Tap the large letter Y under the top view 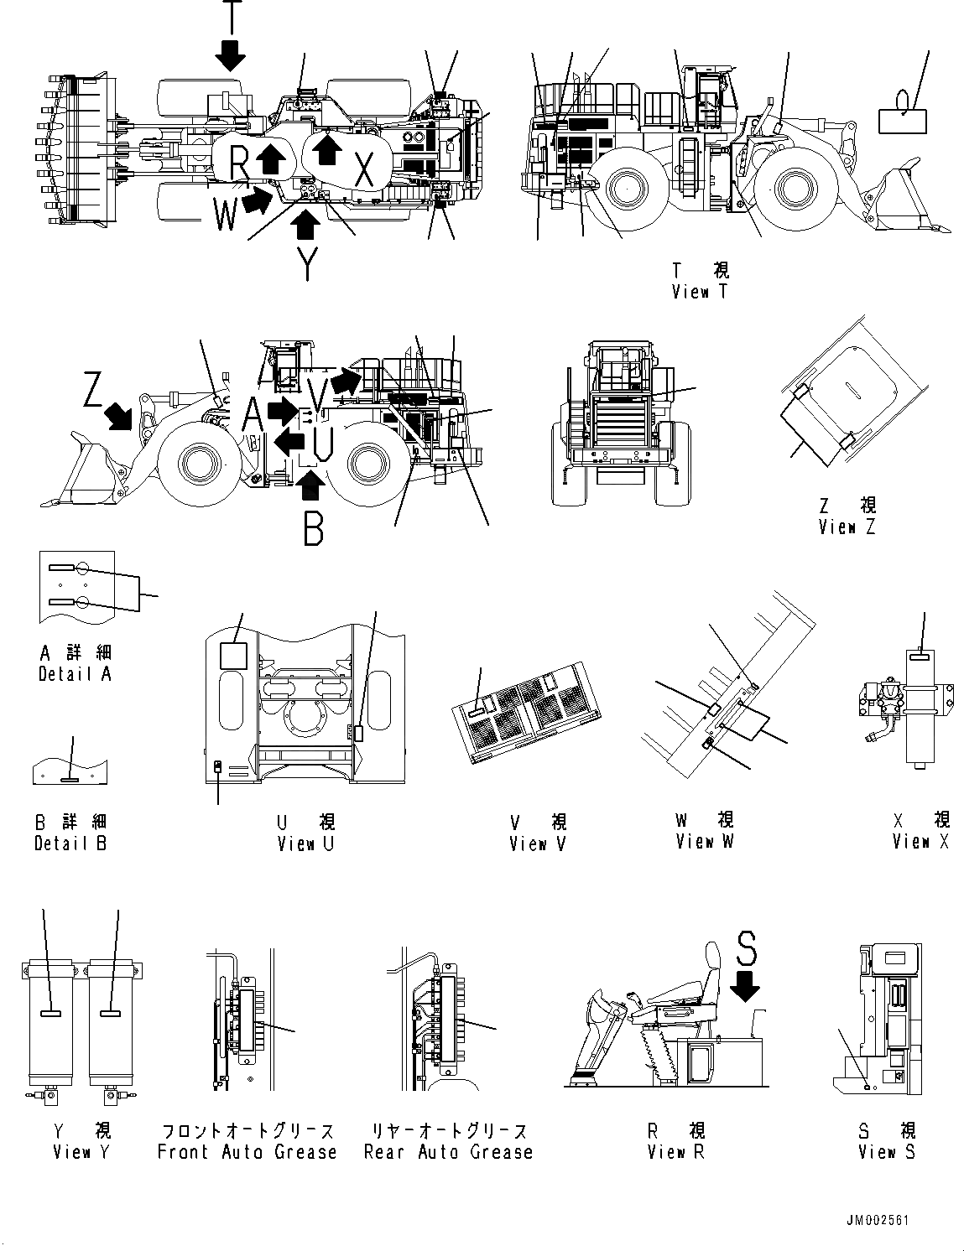pyautogui.click(x=308, y=264)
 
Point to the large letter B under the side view pyautogui.click(x=313, y=528)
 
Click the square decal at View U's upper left pyautogui.click(x=233, y=655)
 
